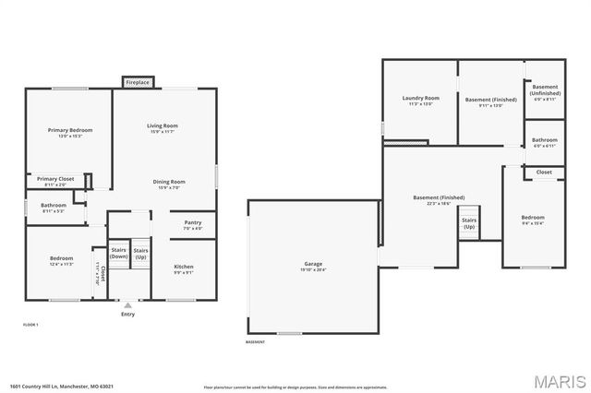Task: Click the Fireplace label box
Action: [x=138, y=83]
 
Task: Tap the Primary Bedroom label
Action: [x=70, y=131]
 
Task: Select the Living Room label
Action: [x=163, y=126]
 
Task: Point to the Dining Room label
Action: [x=169, y=182]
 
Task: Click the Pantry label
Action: [x=192, y=222]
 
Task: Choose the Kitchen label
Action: [x=184, y=267]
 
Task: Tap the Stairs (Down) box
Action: [x=118, y=253]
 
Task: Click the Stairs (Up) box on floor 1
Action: [x=140, y=253]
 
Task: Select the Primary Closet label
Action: [x=55, y=179]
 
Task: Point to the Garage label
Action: [x=313, y=265]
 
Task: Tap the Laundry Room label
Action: [x=420, y=99]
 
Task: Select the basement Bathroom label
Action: [x=545, y=140]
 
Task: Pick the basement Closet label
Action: [x=545, y=172]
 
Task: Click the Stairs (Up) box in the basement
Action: [x=469, y=223]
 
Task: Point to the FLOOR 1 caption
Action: [x=30, y=325]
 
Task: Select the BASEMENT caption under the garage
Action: [x=256, y=341]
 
